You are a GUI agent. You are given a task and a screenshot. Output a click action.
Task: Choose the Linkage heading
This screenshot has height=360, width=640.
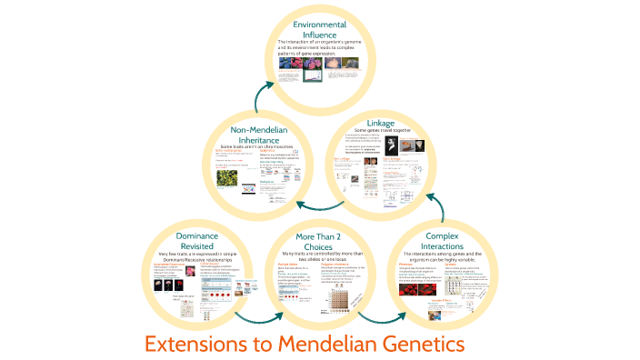(380, 123)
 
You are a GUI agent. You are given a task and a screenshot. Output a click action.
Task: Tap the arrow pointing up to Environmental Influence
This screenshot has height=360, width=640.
(261, 94)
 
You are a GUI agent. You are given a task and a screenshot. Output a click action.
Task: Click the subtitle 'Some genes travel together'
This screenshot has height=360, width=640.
(380, 133)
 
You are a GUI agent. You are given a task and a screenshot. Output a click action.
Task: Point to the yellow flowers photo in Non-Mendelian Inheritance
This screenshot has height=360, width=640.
(228, 180)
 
